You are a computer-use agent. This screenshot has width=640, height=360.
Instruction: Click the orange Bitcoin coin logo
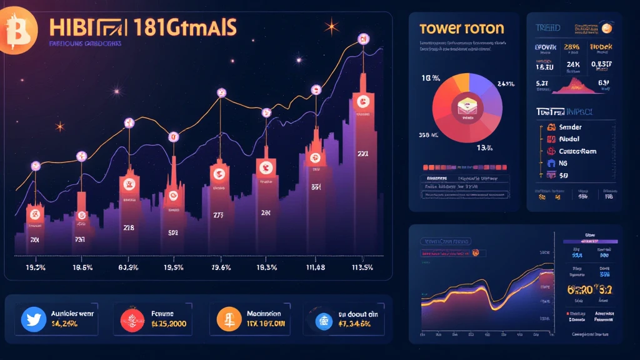click(x=12, y=29)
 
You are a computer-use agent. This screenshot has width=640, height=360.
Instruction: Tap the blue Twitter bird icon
click(x=34, y=319)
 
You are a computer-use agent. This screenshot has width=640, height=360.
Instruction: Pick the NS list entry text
click(x=564, y=164)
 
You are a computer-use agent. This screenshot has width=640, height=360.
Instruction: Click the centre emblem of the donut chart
click(x=465, y=107)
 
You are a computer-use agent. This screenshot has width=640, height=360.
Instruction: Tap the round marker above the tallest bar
click(x=362, y=40)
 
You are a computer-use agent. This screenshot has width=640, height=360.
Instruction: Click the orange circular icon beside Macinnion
click(x=229, y=319)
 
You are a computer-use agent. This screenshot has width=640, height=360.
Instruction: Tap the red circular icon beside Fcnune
click(x=132, y=319)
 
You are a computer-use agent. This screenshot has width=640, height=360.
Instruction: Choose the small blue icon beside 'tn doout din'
click(x=323, y=320)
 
